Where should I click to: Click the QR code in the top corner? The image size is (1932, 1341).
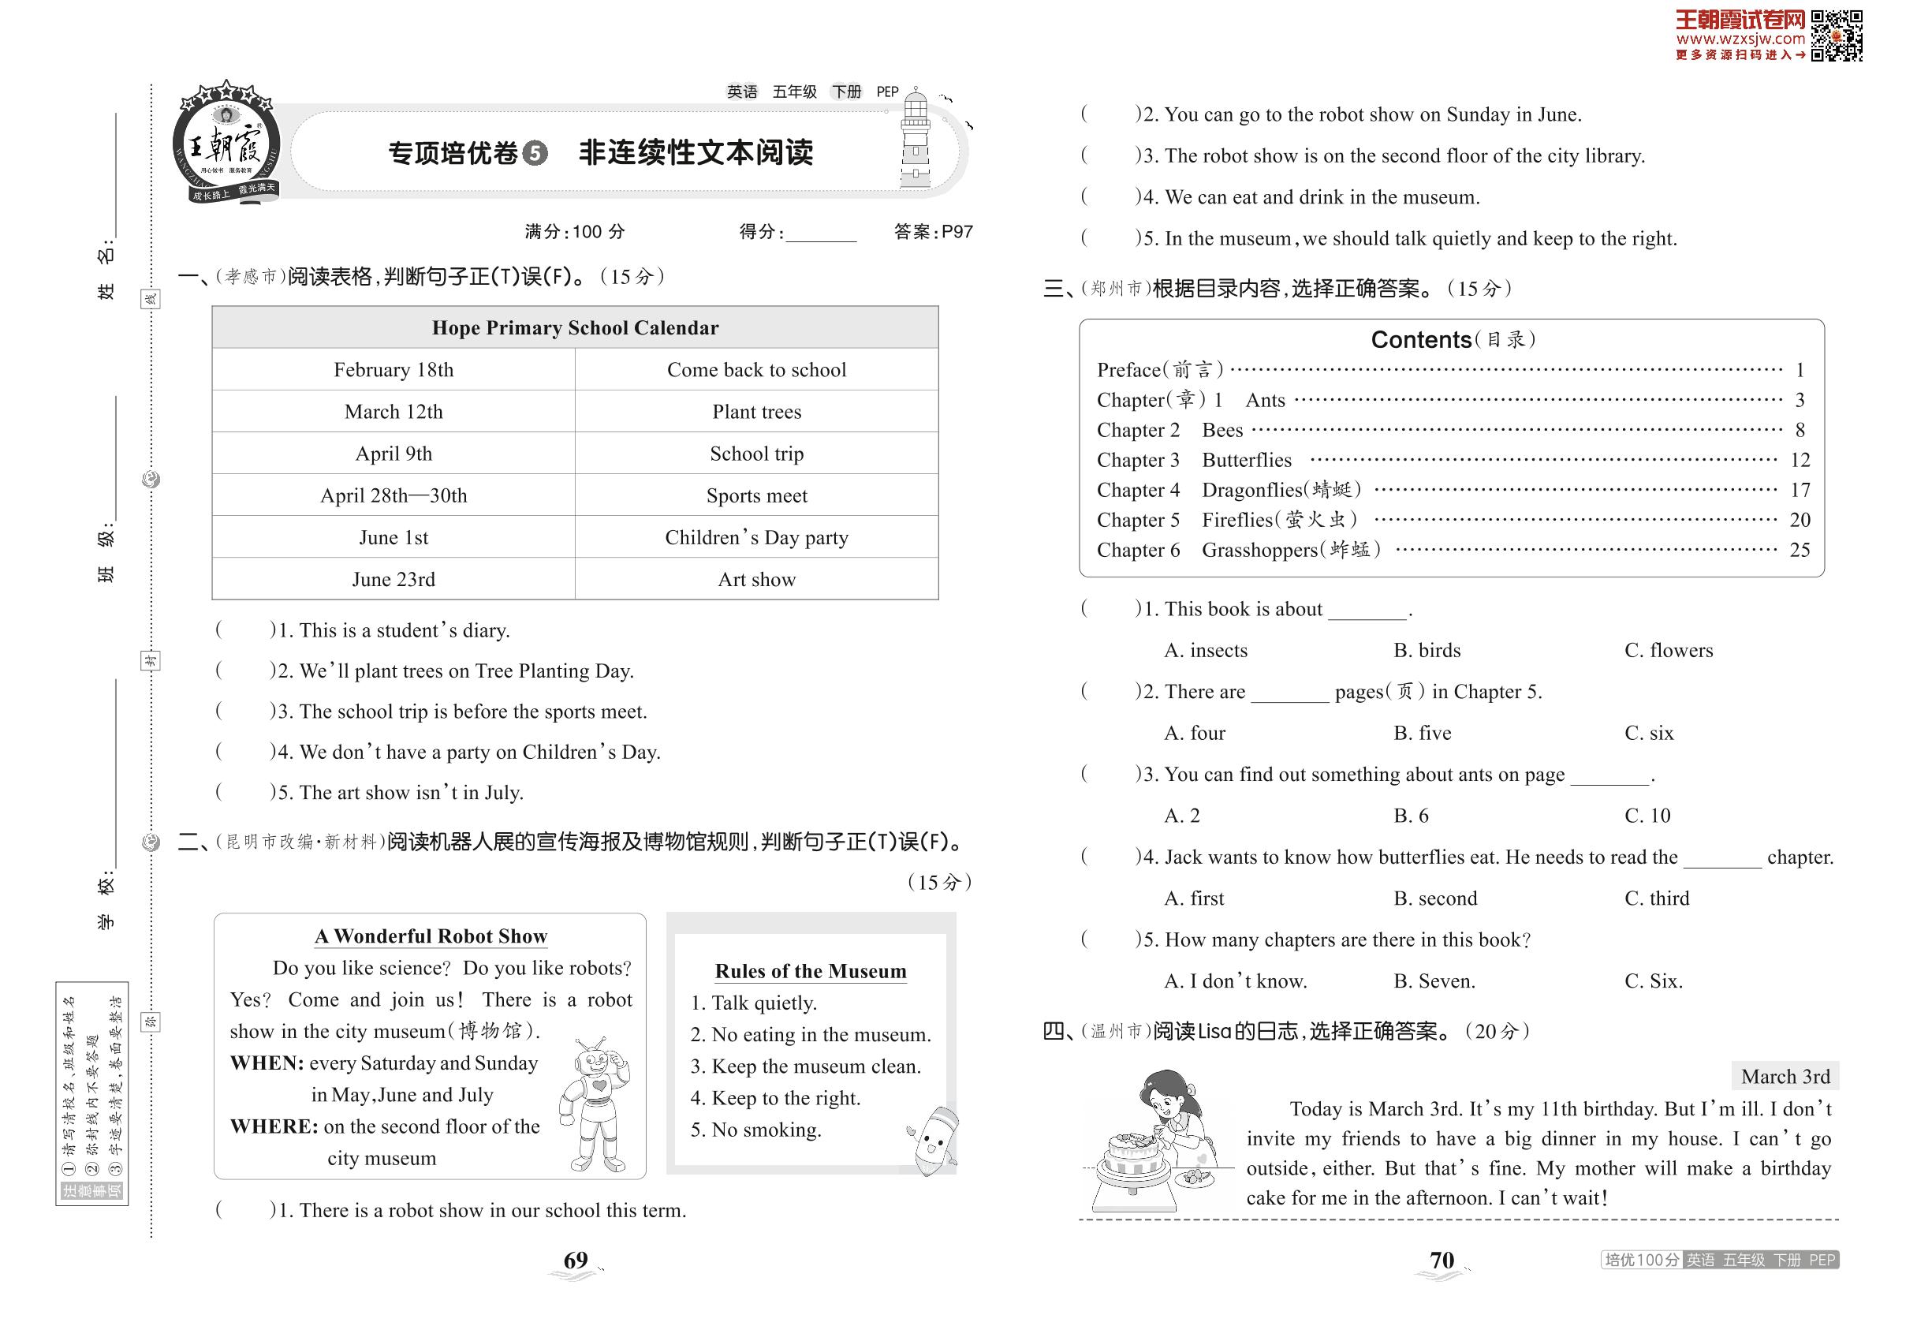pyautogui.click(x=1837, y=35)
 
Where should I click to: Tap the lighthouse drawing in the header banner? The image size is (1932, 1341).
pyautogui.click(x=915, y=140)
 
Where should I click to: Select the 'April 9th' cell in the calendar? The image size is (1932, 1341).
pyautogui.click(x=393, y=454)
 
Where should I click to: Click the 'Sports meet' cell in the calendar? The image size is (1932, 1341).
pyautogui.click(x=756, y=495)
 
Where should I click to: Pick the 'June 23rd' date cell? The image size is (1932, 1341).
pyautogui.click(x=393, y=579)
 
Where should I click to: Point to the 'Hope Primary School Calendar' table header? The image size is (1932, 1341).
pyautogui.click(x=575, y=327)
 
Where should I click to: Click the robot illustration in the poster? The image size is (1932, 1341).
pyautogui.click(x=595, y=1105)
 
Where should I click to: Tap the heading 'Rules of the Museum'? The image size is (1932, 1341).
pyautogui.click(x=810, y=971)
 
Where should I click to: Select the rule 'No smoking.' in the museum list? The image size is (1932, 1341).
pyautogui.click(x=765, y=1130)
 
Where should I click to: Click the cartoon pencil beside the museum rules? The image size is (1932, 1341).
pyautogui.click(x=934, y=1140)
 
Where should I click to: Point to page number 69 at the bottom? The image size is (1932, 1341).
pyautogui.click(x=576, y=1261)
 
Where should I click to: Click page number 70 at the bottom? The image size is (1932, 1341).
pyautogui.click(x=1442, y=1261)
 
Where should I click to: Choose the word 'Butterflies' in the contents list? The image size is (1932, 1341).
pyautogui.click(x=1246, y=461)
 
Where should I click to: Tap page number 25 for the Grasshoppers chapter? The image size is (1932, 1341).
pyautogui.click(x=1800, y=551)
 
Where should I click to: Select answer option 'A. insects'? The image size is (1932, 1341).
pyautogui.click(x=1206, y=650)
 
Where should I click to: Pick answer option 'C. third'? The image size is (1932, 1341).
pyautogui.click(x=1657, y=898)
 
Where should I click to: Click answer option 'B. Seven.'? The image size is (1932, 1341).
pyautogui.click(x=1434, y=981)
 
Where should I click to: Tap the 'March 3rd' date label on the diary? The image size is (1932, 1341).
pyautogui.click(x=1785, y=1076)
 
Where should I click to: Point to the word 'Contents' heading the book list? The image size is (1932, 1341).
pyautogui.click(x=1420, y=339)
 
